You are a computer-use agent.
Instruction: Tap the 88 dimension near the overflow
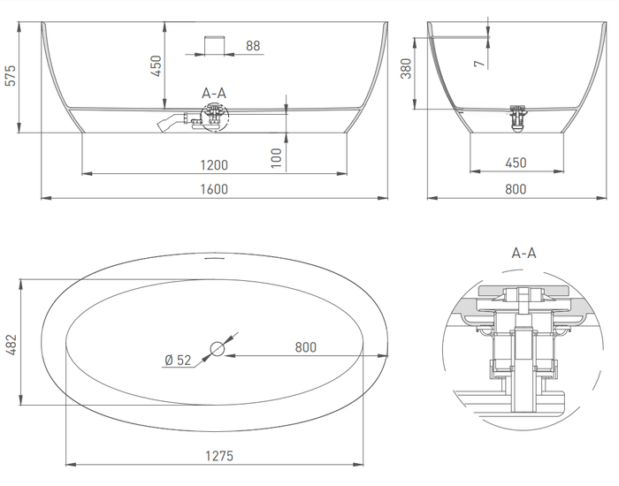(253, 46)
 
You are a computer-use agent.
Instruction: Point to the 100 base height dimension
(277, 158)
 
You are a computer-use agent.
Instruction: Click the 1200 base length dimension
(214, 164)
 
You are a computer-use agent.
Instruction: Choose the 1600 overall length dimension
(214, 188)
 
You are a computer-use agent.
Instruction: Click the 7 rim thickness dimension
(478, 63)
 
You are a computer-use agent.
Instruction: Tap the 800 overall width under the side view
(515, 188)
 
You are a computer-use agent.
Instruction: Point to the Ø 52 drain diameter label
(179, 359)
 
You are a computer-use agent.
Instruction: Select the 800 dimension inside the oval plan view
(305, 347)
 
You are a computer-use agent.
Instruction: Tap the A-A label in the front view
(214, 92)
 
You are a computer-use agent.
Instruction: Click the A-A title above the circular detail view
(523, 253)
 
